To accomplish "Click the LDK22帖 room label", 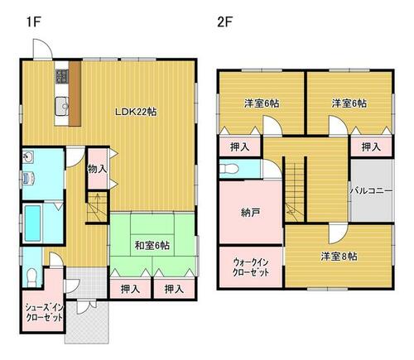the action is pyautogui.click(x=136, y=112).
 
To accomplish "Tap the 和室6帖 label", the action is pyautogui.click(x=152, y=245).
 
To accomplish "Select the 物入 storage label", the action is pyautogui.click(x=97, y=169).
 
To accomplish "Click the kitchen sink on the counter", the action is pyautogui.click(x=61, y=106).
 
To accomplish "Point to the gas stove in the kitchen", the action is pyautogui.click(x=62, y=76).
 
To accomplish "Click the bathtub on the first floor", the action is pyautogui.click(x=33, y=223).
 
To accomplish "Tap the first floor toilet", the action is pyautogui.click(x=31, y=276).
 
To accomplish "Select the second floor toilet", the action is pyautogui.click(x=229, y=169).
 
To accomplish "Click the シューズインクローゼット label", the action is pyautogui.click(x=44, y=313).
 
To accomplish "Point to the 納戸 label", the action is pyautogui.click(x=250, y=213).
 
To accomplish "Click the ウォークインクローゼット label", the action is pyautogui.click(x=251, y=266).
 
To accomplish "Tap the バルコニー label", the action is pyautogui.click(x=371, y=190).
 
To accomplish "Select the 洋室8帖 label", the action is pyautogui.click(x=339, y=257).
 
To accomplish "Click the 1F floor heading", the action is pyautogui.click(x=34, y=22).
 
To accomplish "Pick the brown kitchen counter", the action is pyautogui.click(x=75, y=94).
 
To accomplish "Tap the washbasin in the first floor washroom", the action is pyautogui.click(x=28, y=157).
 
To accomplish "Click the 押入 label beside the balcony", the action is pyautogui.click(x=371, y=147).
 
